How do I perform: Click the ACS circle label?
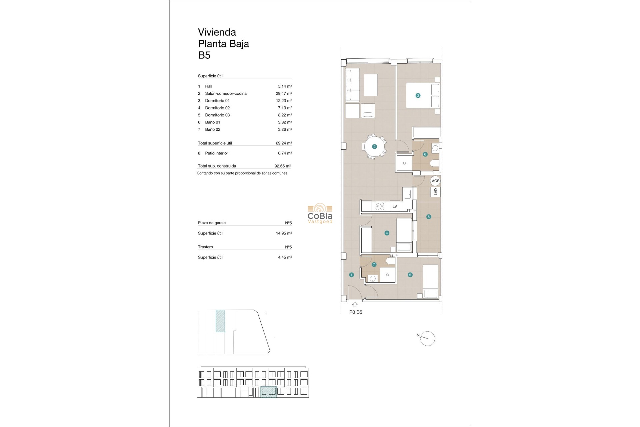(x=435, y=181)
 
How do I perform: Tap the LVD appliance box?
(x=435, y=192)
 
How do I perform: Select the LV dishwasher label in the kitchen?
(x=395, y=206)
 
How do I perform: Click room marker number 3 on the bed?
(x=418, y=95)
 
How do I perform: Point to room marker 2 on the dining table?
(x=374, y=146)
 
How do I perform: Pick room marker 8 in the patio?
(x=429, y=217)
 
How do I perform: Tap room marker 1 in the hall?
(x=351, y=275)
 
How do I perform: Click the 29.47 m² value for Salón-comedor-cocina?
(x=284, y=93)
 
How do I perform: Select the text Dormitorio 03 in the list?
(x=217, y=115)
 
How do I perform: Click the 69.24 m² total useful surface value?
(x=284, y=143)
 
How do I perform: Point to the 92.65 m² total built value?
(x=282, y=166)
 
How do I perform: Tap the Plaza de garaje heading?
(x=212, y=223)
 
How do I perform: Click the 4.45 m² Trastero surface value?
(x=285, y=257)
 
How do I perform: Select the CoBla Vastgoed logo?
(x=320, y=214)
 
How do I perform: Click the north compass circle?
(x=428, y=339)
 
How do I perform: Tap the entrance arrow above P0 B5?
(x=355, y=304)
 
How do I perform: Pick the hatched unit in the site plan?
(x=220, y=321)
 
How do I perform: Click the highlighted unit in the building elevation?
(x=268, y=391)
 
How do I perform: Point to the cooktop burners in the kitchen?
(x=380, y=206)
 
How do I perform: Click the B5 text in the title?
(x=204, y=55)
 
